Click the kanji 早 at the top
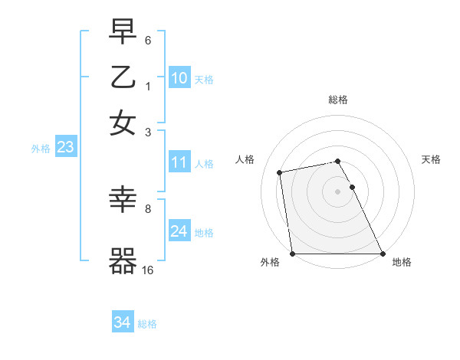tap(123, 33)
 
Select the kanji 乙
tap(123, 77)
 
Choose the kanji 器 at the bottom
tap(123, 261)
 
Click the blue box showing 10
tap(179, 78)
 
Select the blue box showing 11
tap(179, 162)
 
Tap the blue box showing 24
tap(179, 231)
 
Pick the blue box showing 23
tap(64, 148)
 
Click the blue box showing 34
tap(122, 323)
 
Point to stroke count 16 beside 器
tap(148, 270)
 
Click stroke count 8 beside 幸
tap(148, 208)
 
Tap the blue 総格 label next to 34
tap(147, 324)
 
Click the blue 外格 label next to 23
tap(40, 149)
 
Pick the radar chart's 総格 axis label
tap(337, 100)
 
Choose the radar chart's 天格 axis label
tap(431, 159)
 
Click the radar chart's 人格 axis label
tap(245, 159)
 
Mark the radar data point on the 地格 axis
tap(383, 254)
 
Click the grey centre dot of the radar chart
tap(337, 191)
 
